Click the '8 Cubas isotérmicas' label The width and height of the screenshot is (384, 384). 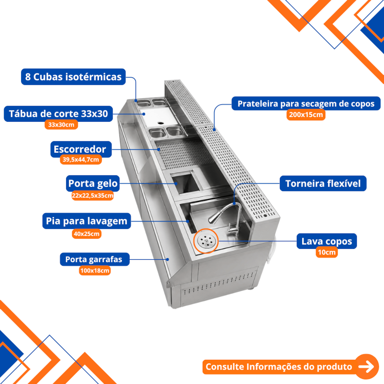pyautogui.click(x=73, y=77)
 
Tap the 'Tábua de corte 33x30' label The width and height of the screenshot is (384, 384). pyautogui.click(x=58, y=114)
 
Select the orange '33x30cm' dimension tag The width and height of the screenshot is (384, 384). pyautogui.click(x=61, y=125)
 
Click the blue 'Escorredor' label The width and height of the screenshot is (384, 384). pyautogui.click(x=81, y=149)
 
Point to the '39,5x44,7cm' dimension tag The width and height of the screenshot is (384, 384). pyautogui.click(x=81, y=160)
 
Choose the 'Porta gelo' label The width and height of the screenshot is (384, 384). pyautogui.click(x=93, y=184)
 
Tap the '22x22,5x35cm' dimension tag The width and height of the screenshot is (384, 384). pyautogui.click(x=93, y=195)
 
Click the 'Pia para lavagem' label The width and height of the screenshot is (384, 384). pyautogui.click(x=87, y=221)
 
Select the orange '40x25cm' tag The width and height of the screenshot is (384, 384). pyautogui.click(x=86, y=233)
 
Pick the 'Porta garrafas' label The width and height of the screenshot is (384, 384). pyautogui.click(x=95, y=259)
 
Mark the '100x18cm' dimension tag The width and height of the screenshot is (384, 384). pyautogui.click(x=95, y=271)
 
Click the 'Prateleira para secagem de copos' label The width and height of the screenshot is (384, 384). pyautogui.click(x=306, y=104)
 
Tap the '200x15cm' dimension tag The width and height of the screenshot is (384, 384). pyautogui.click(x=306, y=114)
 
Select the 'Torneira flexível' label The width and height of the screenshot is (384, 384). pyautogui.click(x=323, y=184)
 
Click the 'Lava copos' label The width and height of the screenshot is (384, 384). pyautogui.click(x=327, y=241)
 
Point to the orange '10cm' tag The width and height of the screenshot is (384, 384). pyautogui.click(x=327, y=252)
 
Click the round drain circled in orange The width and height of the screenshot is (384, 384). pyautogui.click(x=206, y=241)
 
